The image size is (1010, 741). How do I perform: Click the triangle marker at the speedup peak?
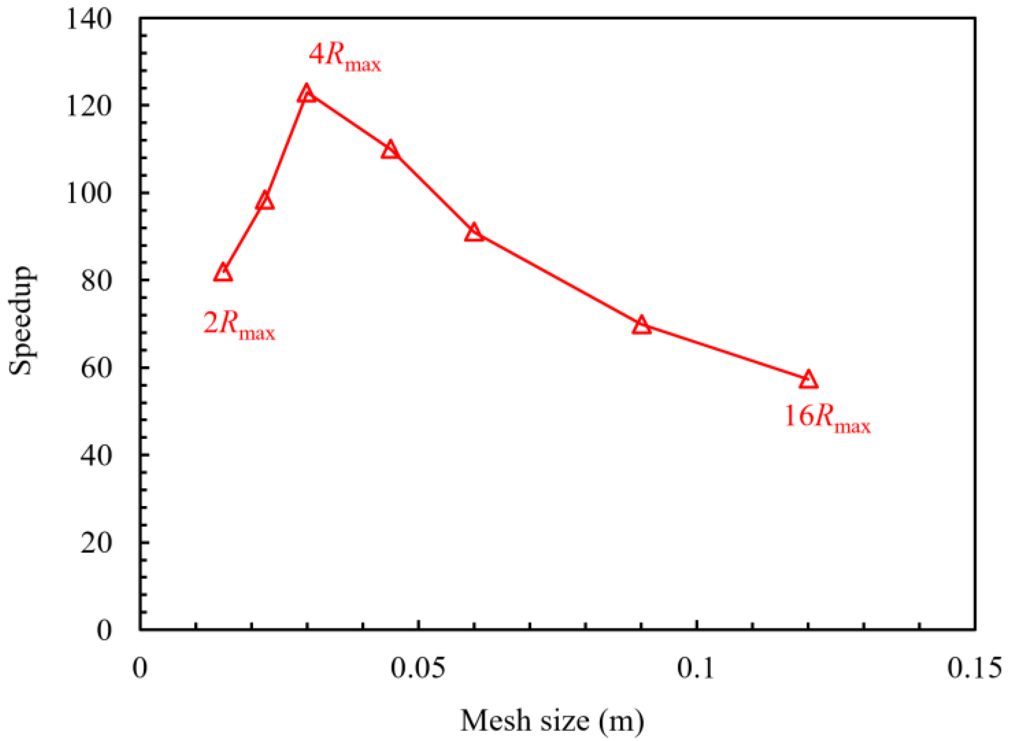(x=307, y=94)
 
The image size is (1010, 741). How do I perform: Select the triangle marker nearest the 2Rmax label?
(x=223, y=273)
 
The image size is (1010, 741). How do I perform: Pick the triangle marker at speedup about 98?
(x=265, y=201)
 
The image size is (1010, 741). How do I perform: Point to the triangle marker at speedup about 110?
(x=390, y=150)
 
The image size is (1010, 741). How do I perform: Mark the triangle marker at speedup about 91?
(x=474, y=233)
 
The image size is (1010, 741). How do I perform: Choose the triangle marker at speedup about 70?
(x=641, y=325)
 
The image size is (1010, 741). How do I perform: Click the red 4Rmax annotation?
(x=344, y=58)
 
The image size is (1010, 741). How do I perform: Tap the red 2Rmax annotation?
(x=239, y=326)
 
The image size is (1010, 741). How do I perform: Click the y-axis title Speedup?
(x=21, y=320)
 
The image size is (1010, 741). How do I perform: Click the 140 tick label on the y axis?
(x=89, y=20)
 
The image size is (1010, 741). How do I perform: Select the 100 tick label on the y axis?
(x=89, y=193)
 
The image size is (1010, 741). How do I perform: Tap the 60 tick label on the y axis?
(x=96, y=368)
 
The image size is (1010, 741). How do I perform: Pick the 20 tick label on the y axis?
(x=96, y=543)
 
